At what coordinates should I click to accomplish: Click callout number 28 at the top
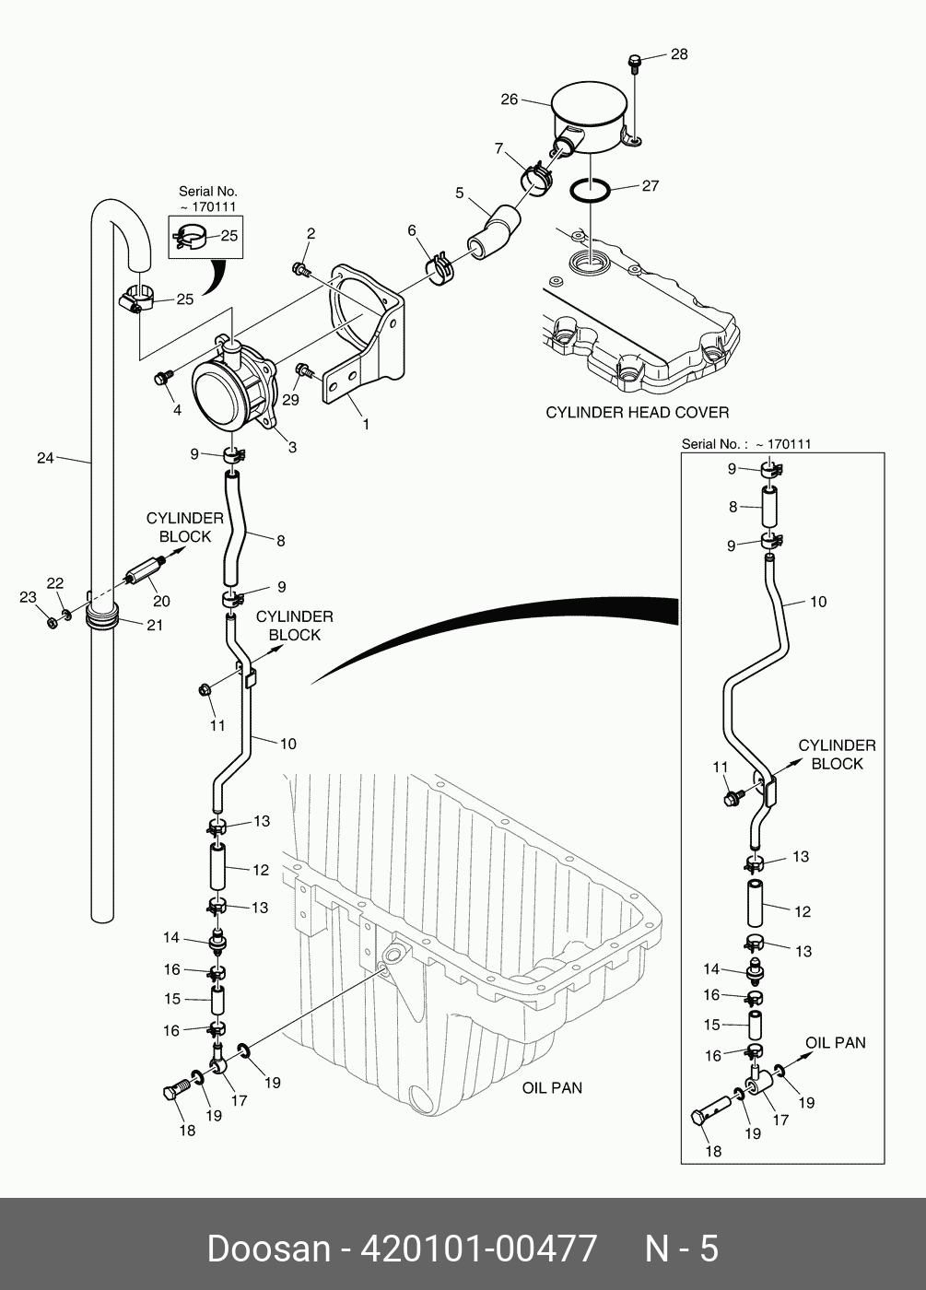click(678, 54)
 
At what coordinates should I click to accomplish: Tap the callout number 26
click(510, 100)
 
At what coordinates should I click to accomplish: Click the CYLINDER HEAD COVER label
click(637, 412)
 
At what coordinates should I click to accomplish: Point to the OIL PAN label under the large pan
click(552, 1087)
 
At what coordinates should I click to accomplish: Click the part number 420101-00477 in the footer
click(478, 1249)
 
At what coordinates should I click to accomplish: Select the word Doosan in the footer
click(268, 1249)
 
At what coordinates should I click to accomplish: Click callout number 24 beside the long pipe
click(45, 457)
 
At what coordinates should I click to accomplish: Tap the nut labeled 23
click(53, 623)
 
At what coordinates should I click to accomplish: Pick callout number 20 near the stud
click(161, 602)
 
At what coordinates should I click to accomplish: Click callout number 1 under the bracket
click(366, 425)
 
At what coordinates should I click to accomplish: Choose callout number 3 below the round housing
click(292, 448)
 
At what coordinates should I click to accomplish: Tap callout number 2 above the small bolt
click(311, 234)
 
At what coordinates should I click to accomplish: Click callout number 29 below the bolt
click(291, 399)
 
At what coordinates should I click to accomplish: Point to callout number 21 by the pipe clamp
click(155, 625)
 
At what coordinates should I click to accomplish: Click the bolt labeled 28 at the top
click(633, 62)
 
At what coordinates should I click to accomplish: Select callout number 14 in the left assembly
click(171, 938)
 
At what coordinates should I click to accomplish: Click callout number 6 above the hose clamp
click(412, 230)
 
